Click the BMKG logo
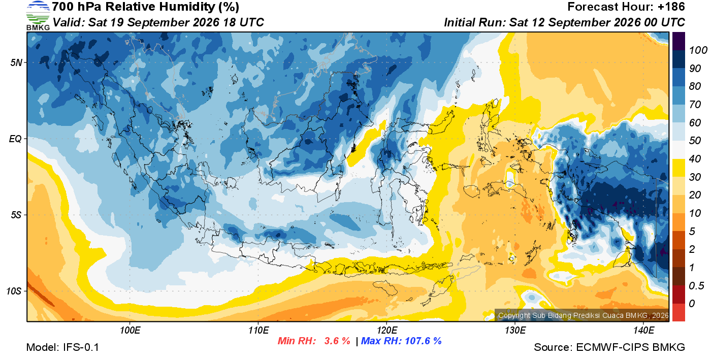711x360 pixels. [38, 16]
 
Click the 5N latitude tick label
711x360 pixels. [16, 62]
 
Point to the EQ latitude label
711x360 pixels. [16, 139]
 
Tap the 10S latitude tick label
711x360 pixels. [14, 291]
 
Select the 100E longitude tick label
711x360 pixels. [130, 330]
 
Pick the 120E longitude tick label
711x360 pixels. [387, 330]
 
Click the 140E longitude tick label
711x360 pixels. [643, 330]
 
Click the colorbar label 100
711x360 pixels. [698, 50]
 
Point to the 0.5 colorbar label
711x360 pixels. [696, 286]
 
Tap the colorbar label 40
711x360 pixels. [695, 159]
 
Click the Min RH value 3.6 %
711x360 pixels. [337, 341]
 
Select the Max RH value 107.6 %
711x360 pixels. [423, 341]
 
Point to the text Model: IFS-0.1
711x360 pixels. [62, 347]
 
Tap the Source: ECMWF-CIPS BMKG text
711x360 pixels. [609, 347]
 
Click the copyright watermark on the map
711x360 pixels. [584, 315]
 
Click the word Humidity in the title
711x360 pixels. [187, 7]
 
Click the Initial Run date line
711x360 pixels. [564, 22]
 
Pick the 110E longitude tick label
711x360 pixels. [258, 330]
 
